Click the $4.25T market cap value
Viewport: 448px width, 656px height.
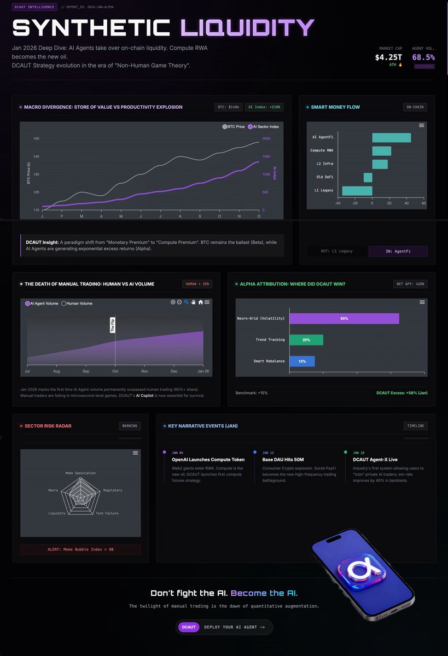click(388, 57)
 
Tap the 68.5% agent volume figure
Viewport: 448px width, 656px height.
click(423, 57)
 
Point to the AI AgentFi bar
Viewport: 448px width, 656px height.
click(391, 138)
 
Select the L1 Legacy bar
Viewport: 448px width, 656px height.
click(357, 191)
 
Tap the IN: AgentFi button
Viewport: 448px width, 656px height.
click(398, 251)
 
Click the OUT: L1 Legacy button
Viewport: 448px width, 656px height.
click(336, 251)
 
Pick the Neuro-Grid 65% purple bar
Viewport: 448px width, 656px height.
click(344, 318)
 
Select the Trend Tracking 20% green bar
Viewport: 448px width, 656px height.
click(306, 340)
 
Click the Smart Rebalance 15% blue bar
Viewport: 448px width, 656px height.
click(302, 361)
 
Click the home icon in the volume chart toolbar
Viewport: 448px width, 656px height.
click(201, 302)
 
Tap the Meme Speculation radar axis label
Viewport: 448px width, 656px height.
click(80, 473)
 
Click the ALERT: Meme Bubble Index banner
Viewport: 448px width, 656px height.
click(80, 550)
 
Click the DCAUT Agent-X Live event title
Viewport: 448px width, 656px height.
click(375, 460)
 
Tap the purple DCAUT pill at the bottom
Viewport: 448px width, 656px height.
click(189, 627)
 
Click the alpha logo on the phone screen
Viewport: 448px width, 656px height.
click(362, 571)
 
